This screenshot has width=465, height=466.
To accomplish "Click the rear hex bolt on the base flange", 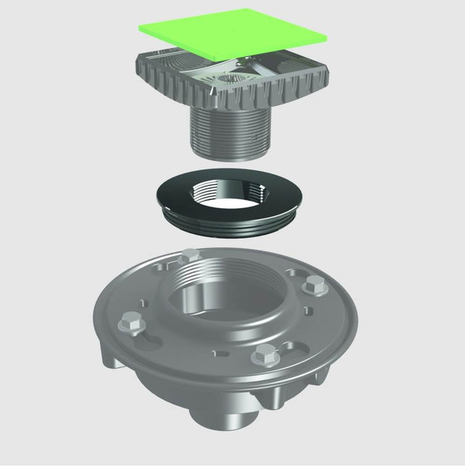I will tap(191, 256).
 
